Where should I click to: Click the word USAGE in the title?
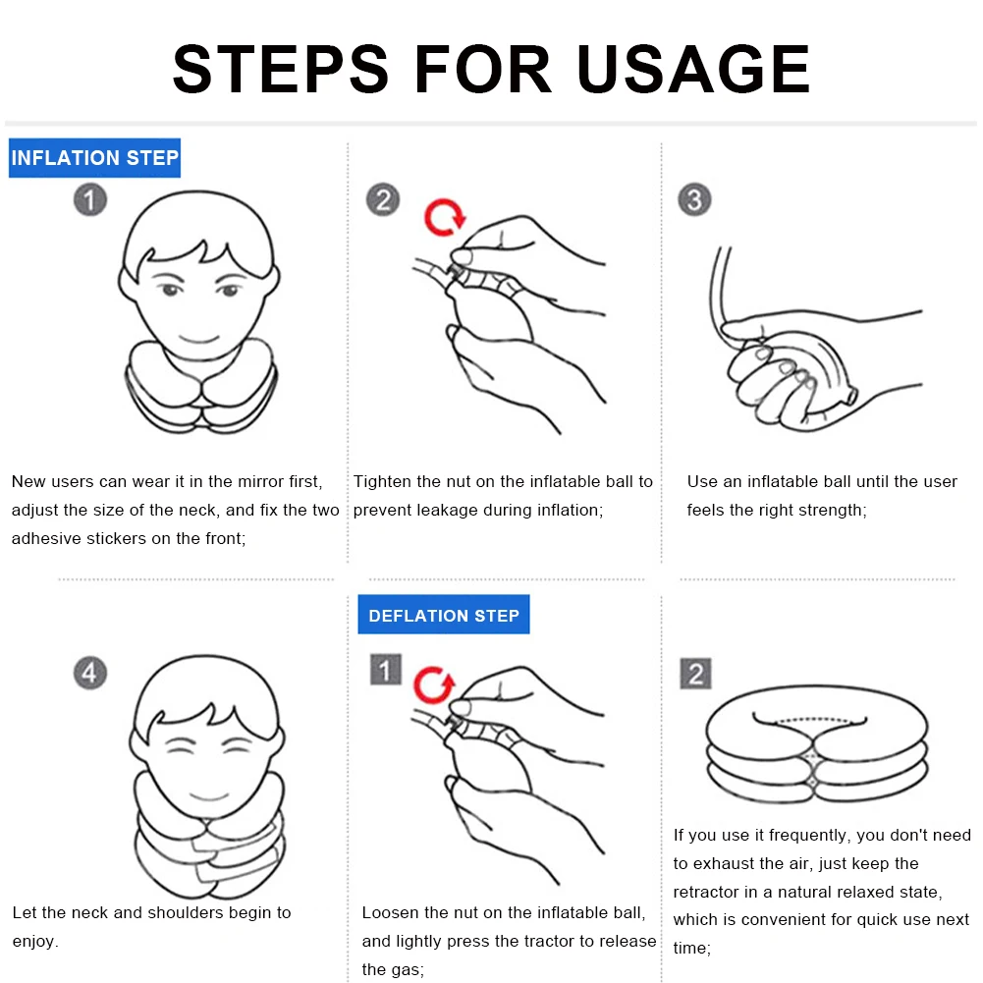pyautogui.click(x=692, y=69)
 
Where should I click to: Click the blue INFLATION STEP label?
pyautogui.click(x=94, y=158)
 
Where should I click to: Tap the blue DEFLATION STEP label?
pyautogui.click(x=443, y=616)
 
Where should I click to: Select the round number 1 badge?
pyautogui.click(x=90, y=201)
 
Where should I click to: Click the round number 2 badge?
pyautogui.click(x=383, y=200)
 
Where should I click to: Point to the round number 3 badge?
pyautogui.click(x=694, y=200)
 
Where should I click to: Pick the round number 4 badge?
pyautogui.click(x=90, y=674)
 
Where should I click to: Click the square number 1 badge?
pyautogui.click(x=385, y=671)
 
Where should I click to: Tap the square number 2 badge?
pyautogui.click(x=696, y=675)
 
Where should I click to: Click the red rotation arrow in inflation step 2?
pyautogui.click(x=444, y=217)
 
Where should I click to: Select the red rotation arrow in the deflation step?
pyautogui.click(x=433, y=684)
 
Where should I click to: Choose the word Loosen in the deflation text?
pyautogui.click(x=391, y=912)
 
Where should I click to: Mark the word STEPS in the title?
pyautogui.click(x=283, y=69)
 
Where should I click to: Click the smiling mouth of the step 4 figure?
pyautogui.click(x=207, y=794)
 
